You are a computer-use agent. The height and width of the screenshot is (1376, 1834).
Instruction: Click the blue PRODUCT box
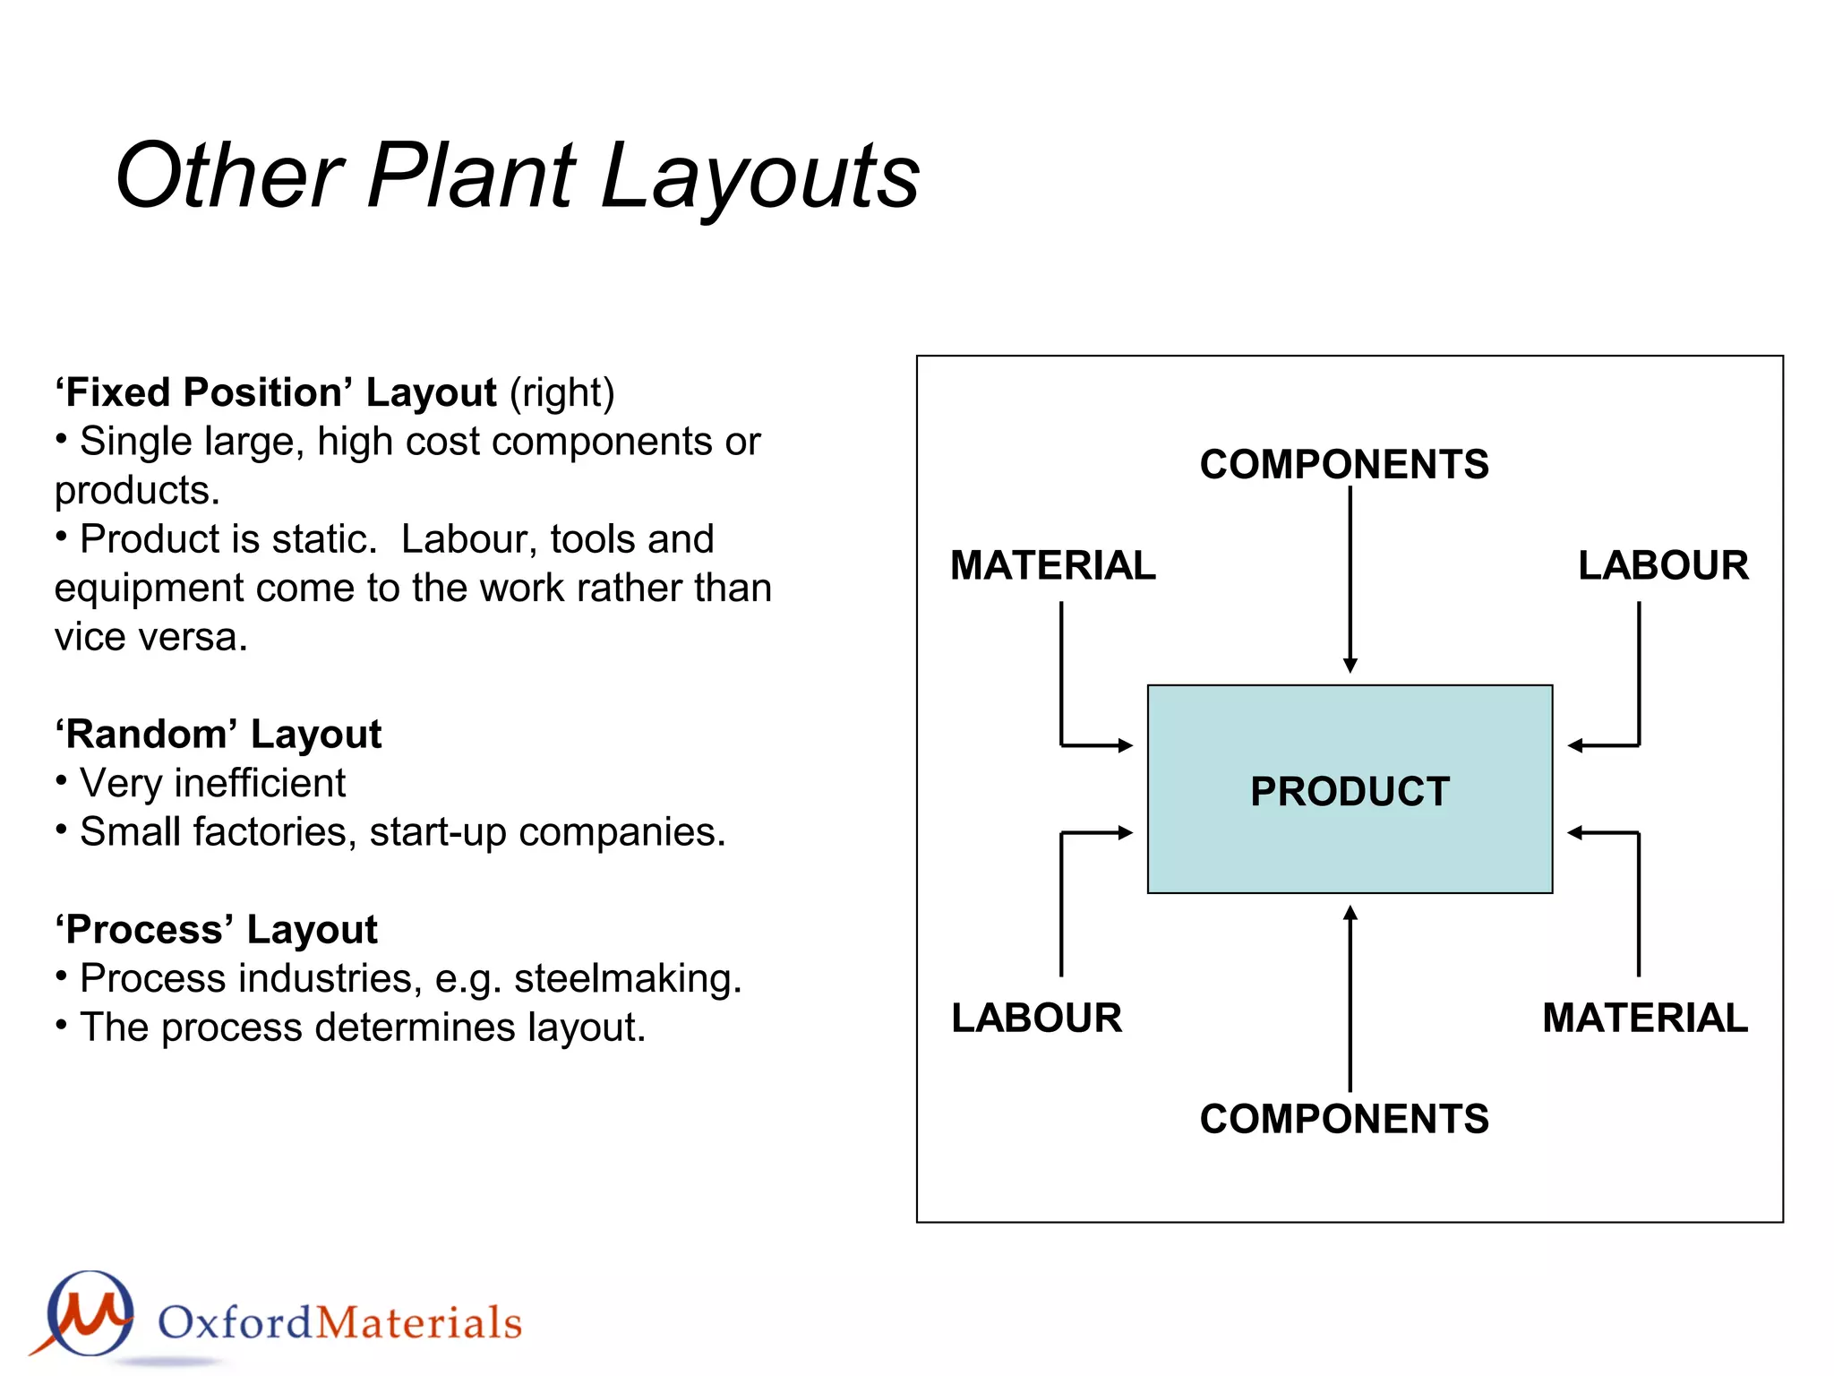pos(1350,789)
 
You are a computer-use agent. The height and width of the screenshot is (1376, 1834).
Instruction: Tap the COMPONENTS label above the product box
pos(1344,464)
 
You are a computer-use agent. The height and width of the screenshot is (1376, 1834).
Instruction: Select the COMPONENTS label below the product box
pos(1344,1119)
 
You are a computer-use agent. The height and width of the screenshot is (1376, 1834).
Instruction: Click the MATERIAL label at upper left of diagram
pos(1053,565)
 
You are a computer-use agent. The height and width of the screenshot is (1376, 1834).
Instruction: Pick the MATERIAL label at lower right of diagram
pos(1645,1018)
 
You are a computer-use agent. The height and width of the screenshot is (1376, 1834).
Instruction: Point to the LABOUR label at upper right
pos(1663,565)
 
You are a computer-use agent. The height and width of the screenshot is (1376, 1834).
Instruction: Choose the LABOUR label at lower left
pos(1036,1018)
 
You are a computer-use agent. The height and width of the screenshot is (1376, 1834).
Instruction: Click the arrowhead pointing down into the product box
pos(1350,666)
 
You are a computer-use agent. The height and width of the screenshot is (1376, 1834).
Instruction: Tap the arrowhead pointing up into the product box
pos(1350,913)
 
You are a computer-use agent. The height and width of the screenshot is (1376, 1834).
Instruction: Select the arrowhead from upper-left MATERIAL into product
pos(1126,745)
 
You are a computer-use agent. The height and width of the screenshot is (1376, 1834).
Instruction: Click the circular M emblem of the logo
pos(90,1313)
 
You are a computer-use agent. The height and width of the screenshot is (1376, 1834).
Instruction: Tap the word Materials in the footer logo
pos(419,1323)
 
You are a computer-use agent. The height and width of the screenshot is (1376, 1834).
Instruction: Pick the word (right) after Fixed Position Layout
pos(562,393)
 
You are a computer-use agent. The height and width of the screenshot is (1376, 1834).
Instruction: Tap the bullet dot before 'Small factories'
pos(61,829)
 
